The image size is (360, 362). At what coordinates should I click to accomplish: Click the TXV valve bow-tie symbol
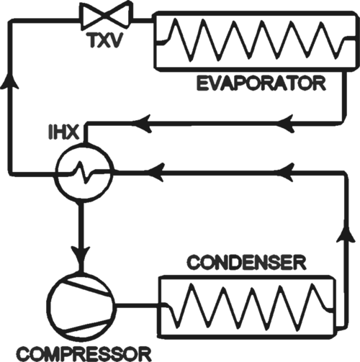coord(107,16)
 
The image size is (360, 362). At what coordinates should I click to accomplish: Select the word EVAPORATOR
coord(261,83)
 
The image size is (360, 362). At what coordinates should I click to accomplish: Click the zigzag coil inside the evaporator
coord(255,40)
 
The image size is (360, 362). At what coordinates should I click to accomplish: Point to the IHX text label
coord(63,132)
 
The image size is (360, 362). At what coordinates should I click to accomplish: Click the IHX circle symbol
coord(84,171)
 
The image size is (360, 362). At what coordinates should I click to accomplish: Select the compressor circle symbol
coord(81,306)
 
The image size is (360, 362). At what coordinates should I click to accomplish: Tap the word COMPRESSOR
coord(84,353)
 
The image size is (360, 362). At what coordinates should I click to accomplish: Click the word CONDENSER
coord(247,263)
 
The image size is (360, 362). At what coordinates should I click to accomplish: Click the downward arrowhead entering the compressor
coord(81,255)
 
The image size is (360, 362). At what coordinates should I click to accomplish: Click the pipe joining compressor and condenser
coord(138,306)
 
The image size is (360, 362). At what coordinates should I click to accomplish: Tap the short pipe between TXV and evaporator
coord(143,19)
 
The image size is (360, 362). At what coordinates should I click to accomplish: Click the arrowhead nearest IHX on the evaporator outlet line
coord(142,124)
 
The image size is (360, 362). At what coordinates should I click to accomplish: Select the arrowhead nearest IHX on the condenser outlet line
coord(156,172)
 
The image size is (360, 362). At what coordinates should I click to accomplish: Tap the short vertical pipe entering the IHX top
coord(86,133)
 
